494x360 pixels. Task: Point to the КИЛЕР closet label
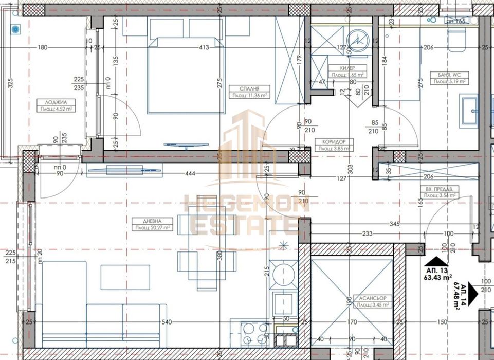(x=345, y=68)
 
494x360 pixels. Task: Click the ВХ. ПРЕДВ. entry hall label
(x=438, y=189)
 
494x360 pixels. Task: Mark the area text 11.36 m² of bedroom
(x=249, y=95)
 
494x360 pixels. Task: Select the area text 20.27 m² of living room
(x=153, y=227)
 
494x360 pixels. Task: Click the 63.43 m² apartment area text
(x=438, y=277)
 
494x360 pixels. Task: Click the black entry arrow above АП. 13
(x=435, y=261)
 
